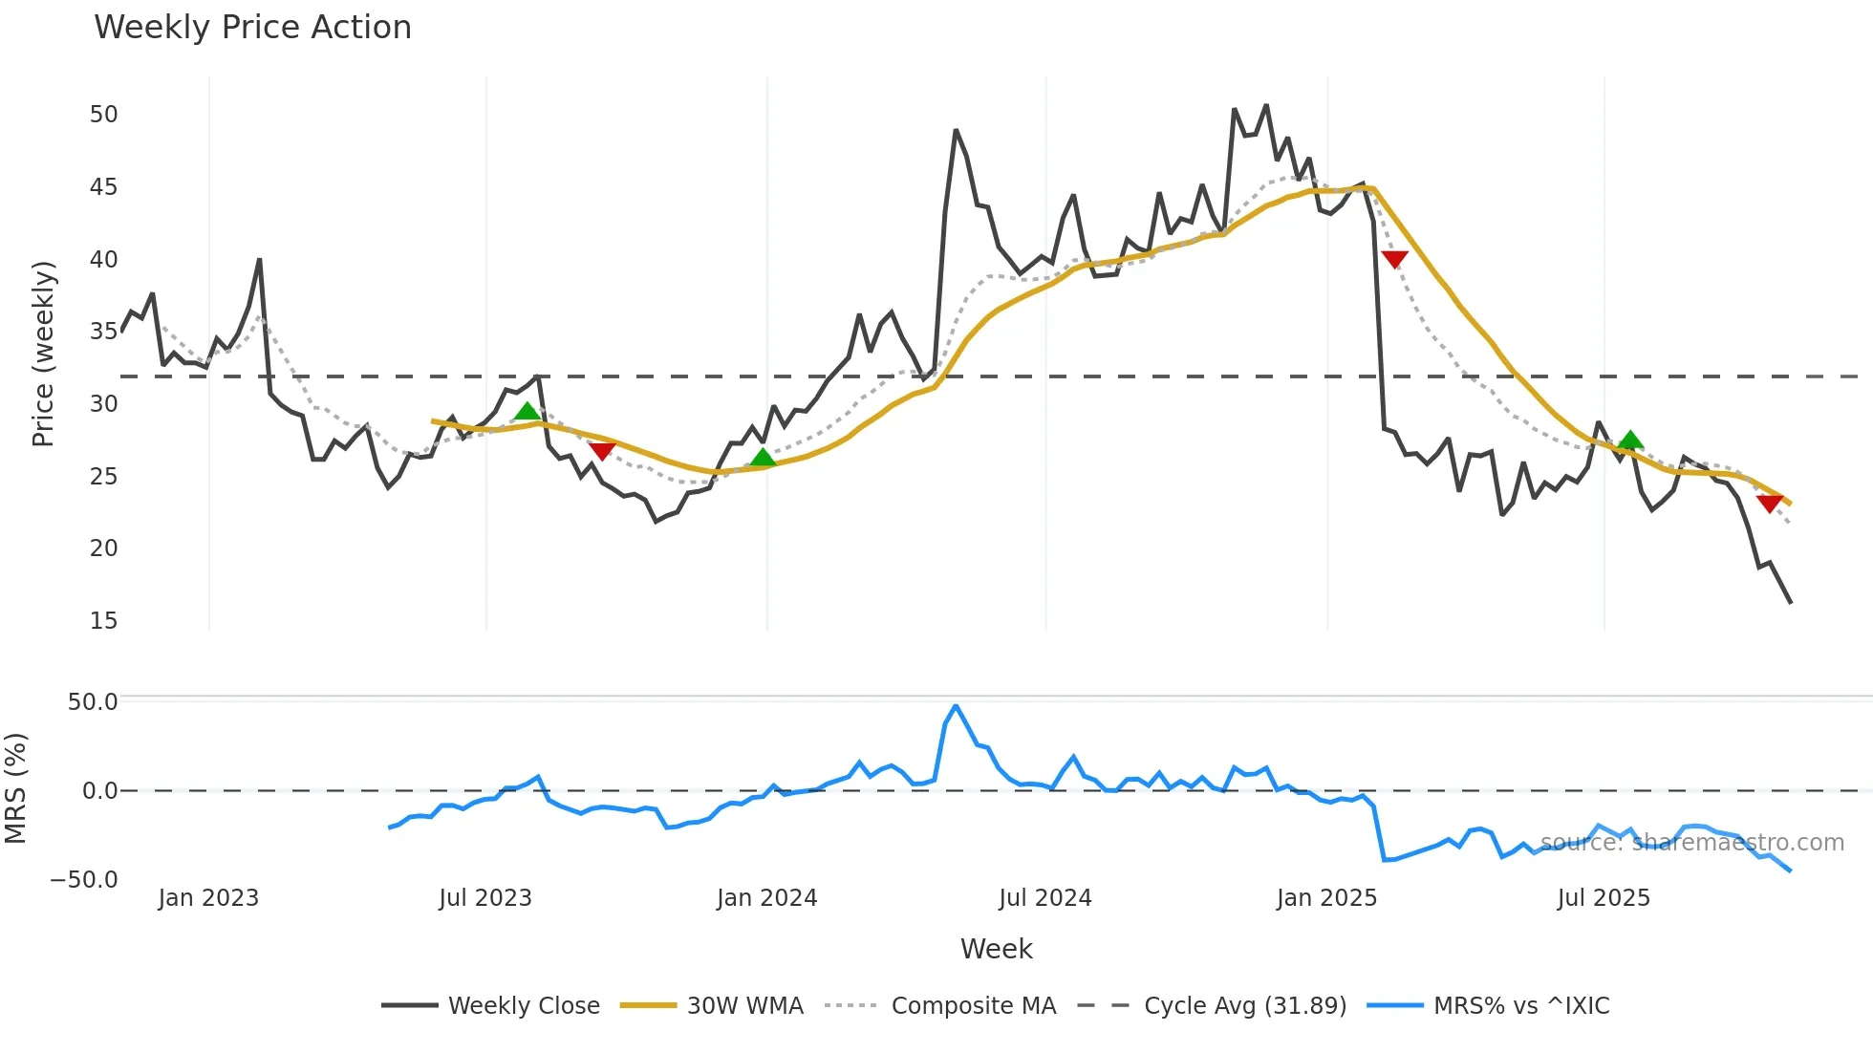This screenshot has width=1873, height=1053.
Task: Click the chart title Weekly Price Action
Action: tap(252, 28)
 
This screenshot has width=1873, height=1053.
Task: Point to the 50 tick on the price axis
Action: tap(103, 115)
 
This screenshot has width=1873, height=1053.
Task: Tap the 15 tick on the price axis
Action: tap(103, 621)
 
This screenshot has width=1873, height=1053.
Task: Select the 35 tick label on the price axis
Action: tap(103, 332)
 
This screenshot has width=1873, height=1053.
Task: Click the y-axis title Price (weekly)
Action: tap(44, 354)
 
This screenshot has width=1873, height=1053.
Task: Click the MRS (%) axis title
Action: tap(16, 788)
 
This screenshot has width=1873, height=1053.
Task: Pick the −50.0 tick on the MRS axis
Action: tap(84, 879)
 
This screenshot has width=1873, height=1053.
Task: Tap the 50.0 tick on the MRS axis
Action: tap(93, 702)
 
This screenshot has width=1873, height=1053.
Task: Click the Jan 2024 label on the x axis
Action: tap(766, 898)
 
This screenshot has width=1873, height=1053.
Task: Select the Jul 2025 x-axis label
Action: tap(1604, 898)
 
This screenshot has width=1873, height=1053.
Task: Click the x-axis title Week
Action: tap(996, 949)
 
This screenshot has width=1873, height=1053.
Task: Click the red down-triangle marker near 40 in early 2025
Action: tap(1394, 259)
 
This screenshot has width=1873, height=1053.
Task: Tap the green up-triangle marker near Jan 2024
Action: tap(763, 458)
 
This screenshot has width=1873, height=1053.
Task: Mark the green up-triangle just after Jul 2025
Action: tap(1630, 441)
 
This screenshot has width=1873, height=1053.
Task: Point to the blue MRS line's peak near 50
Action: tap(956, 706)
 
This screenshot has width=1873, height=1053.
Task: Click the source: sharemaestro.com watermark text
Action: tap(1691, 843)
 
